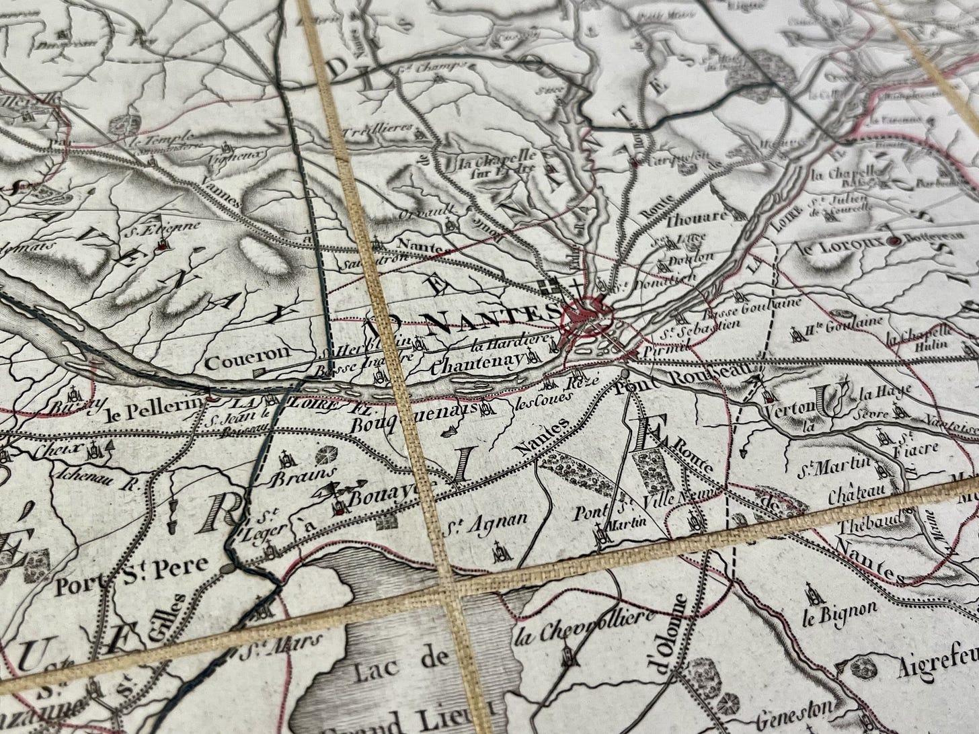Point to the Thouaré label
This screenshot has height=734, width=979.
[697, 217]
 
